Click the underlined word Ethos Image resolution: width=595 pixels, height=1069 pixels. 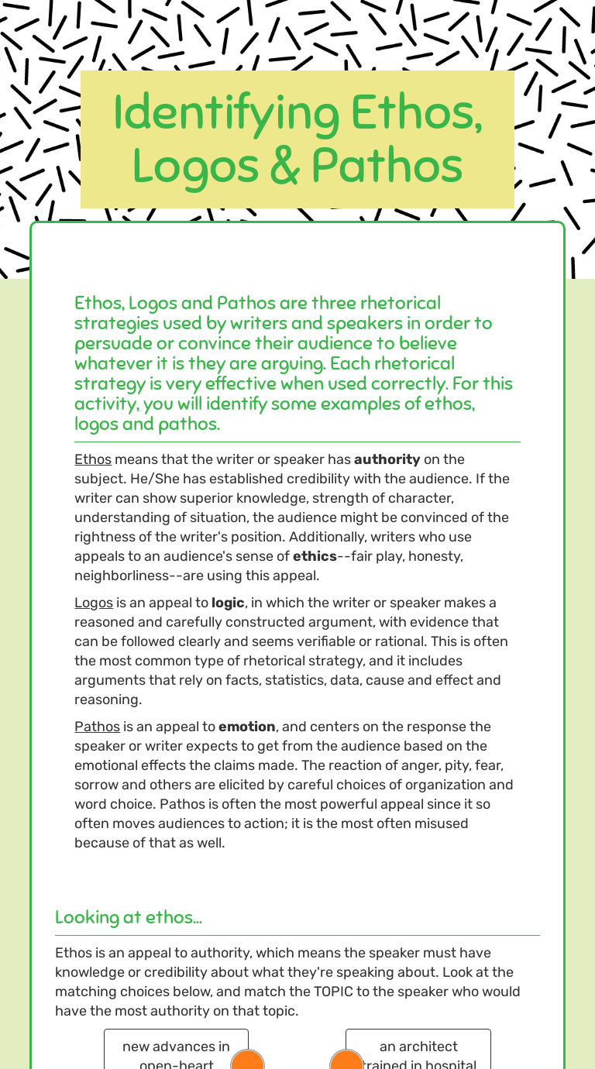(x=93, y=459)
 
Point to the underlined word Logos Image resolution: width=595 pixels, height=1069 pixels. (x=94, y=603)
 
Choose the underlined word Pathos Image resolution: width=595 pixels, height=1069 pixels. (x=97, y=727)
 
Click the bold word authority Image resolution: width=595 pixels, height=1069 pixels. (x=387, y=459)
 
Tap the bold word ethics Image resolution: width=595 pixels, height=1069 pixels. (x=315, y=556)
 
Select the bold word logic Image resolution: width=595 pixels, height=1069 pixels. (x=228, y=603)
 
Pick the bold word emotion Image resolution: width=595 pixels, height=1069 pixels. (x=246, y=727)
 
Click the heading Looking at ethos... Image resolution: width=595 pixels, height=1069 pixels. (x=129, y=917)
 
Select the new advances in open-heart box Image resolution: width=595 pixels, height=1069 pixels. (x=176, y=1049)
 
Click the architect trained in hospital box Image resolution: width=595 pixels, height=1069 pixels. (x=418, y=1049)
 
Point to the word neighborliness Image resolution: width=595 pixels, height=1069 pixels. (x=128, y=576)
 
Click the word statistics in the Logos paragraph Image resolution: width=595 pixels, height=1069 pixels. (x=288, y=680)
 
